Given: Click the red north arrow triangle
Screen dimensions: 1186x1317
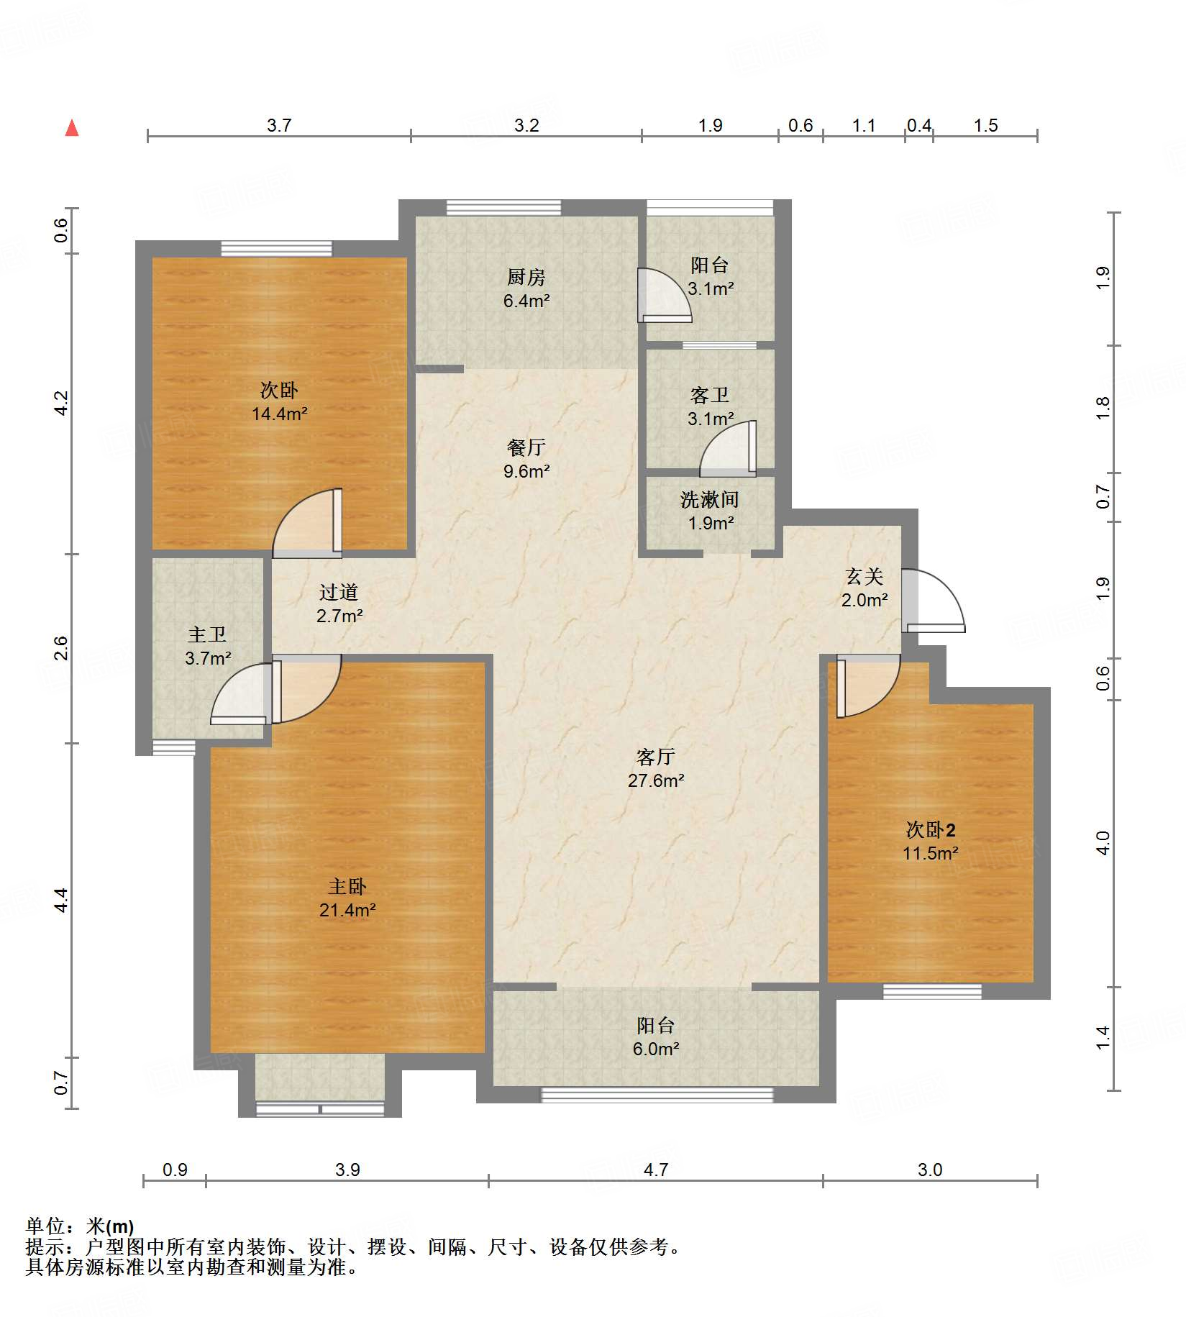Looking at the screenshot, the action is pos(72,128).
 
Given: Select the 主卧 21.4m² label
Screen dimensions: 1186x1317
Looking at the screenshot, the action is pos(347,898).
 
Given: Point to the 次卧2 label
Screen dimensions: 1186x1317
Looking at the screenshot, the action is pos(931,829).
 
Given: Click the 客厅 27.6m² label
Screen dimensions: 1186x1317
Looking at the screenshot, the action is pos(656,768).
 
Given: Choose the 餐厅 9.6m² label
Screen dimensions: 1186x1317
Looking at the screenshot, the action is pos(526,459).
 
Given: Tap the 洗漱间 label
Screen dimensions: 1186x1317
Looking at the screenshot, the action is pos(710,499).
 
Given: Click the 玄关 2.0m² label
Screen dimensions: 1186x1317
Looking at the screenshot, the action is pos(865,588).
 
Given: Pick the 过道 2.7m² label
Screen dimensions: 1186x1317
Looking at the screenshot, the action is pos(339,603).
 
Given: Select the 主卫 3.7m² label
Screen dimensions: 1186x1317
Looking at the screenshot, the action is pos(208,646).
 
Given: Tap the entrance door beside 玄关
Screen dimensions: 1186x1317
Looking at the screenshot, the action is pos(933,601).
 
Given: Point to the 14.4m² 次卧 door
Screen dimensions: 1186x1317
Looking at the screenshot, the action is pos(307,523).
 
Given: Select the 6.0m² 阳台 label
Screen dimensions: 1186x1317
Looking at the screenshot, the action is pos(656,1036).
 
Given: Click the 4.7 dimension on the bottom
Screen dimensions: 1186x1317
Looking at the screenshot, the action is pos(656,1170).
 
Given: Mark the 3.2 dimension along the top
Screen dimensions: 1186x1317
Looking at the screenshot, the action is pos(526,125).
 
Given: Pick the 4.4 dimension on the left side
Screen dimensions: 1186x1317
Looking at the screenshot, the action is pos(61,900).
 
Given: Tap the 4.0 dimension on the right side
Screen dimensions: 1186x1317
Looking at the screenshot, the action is pos(1103,842).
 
